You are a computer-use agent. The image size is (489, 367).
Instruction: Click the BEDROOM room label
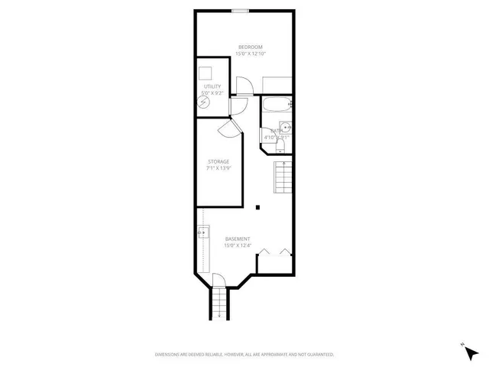244,47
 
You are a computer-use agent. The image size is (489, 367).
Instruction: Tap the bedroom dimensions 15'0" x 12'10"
244,54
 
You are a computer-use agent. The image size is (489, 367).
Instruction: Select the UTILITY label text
212,88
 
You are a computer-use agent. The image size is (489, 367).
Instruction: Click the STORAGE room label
219,161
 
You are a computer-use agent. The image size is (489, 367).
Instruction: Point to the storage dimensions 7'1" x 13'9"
219,168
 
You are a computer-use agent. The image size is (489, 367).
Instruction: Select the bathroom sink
285,127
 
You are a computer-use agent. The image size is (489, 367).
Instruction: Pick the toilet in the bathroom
280,144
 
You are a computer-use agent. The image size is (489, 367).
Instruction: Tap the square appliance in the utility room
205,73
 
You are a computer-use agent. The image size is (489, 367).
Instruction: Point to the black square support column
258,206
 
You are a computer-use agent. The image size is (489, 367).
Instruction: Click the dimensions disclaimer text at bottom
244,354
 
